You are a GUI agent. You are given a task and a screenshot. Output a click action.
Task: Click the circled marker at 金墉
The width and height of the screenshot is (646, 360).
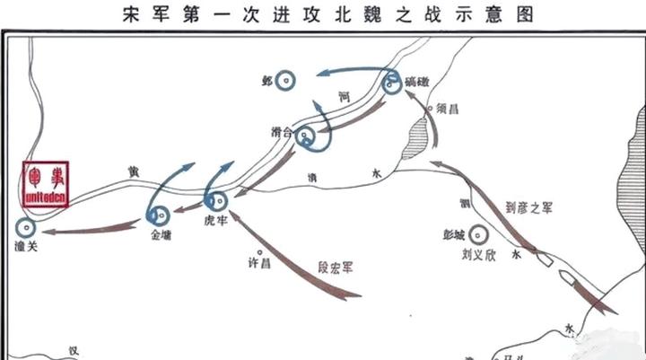(x=161, y=215)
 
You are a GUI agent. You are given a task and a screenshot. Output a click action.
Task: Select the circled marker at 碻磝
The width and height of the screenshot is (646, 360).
(x=392, y=83)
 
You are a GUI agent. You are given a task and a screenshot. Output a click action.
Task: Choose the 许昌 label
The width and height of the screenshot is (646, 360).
(x=259, y=264)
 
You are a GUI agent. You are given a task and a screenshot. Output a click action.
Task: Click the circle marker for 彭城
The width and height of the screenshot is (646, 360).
(x=480, y=234)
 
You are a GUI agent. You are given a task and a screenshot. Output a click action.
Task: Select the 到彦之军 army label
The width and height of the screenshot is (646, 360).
(x=529, y=207)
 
